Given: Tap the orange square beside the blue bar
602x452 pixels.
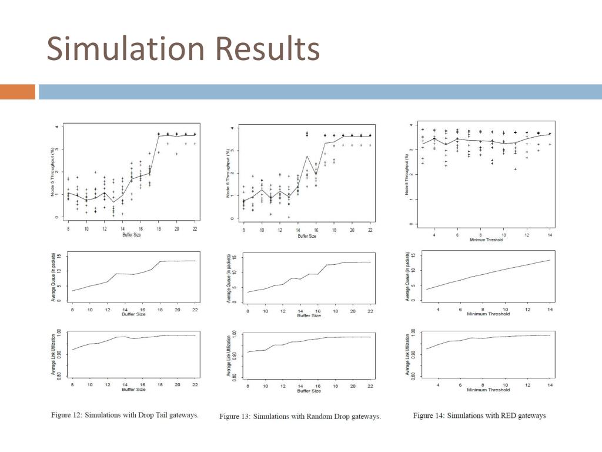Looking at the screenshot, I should click(18, 92).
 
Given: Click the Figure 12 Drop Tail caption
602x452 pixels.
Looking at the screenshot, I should click(125, 416).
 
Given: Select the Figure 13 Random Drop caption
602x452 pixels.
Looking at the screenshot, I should click(300, 417).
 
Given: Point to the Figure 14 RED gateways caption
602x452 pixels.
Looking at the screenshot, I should click(479, 416).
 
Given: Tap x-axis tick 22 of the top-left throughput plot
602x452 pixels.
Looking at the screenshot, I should click(195, 228).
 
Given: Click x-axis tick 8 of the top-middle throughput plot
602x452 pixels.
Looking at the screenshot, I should click(244, 230).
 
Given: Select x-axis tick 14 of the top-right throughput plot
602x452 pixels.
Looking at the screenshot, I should click(550, 235).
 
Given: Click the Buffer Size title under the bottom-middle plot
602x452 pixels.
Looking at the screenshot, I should click(309, 391).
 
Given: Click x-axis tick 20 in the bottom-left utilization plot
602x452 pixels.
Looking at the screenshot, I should click(178, 384).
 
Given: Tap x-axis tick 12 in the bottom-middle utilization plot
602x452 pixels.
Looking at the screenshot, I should click(283, 385).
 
